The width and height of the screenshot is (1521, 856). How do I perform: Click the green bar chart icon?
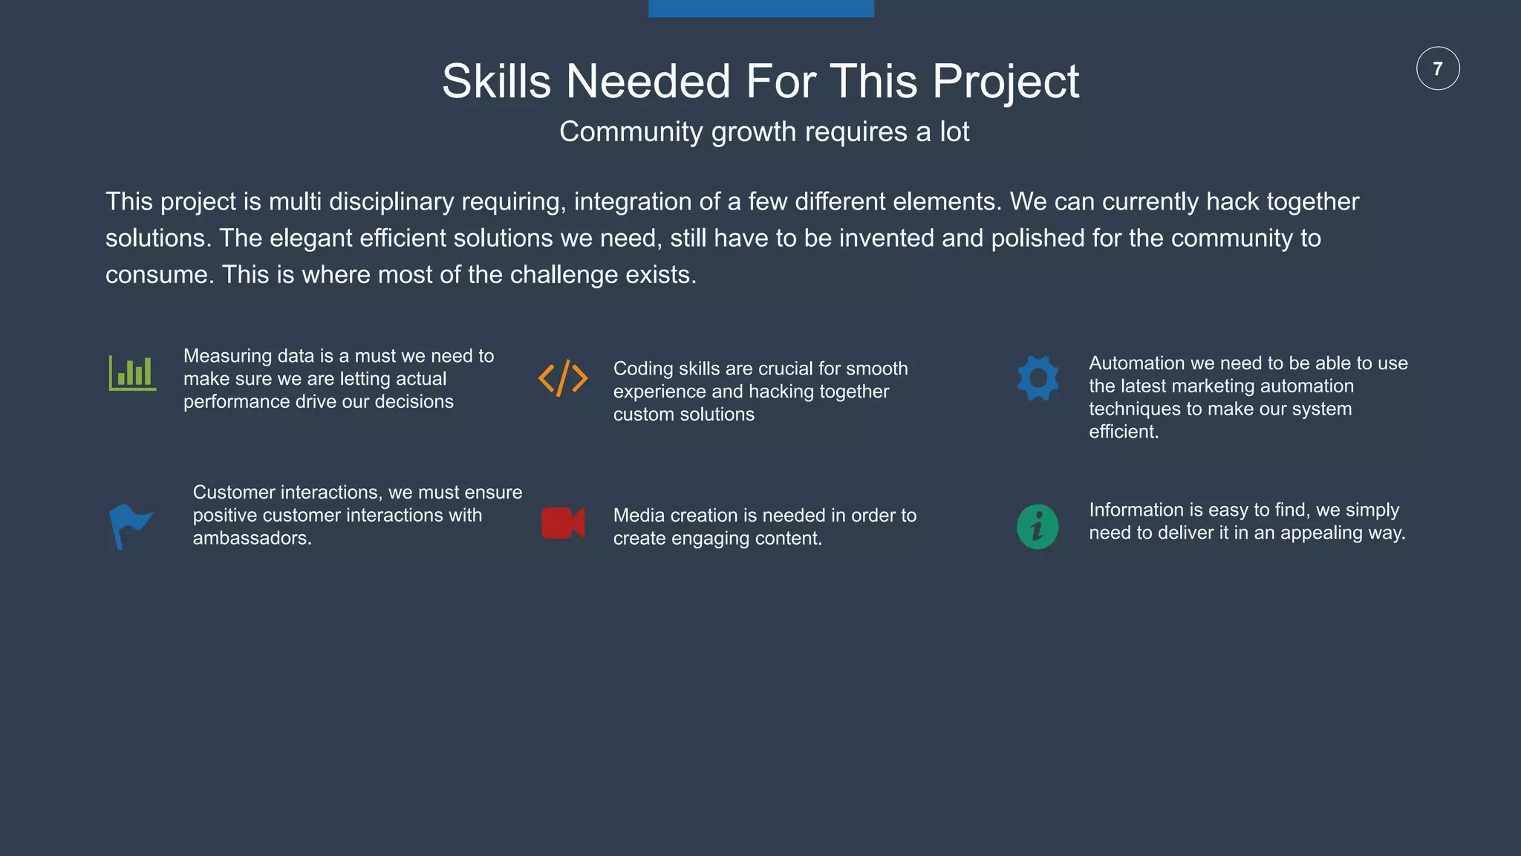pyautogui.click(x=132, y=372)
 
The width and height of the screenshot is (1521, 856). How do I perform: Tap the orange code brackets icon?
pyautogui.click(x=563, y=378)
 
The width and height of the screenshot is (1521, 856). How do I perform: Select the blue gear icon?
pyautogui.click(x=1038, y=378)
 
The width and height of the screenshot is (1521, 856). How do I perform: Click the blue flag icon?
pyautogui.click(x=130, y=526)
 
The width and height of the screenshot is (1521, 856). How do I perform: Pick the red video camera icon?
pyautogui.click(x=563, y=523)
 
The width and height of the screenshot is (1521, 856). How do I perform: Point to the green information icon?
pyautogui.click(x=1038, y=527)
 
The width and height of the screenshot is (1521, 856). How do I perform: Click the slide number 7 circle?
pyautogui.click(x=1438, y=68)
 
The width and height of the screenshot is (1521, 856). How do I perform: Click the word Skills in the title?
pyautogui.click(x=496, y=81)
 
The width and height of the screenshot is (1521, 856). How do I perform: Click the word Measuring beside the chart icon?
pyautogui.click(x=228, y=357)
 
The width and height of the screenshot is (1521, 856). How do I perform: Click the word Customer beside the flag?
pyautogui.click(x=234, y=493)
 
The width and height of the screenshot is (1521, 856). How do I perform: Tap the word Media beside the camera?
pyautogui.click(x=639, y=516)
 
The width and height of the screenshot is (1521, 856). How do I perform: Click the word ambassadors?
pyautogui.click(x=252, y=539)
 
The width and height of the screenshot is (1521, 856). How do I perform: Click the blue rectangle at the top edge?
pyautogui.click(x=760, y=8)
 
